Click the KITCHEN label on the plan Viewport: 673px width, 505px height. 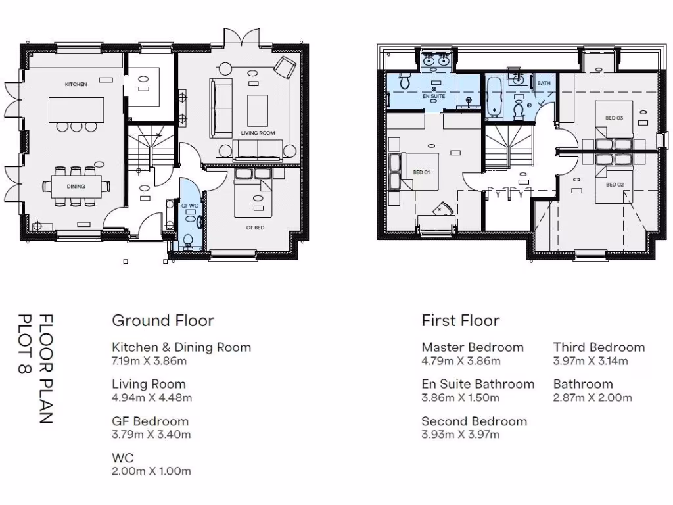[76, 84]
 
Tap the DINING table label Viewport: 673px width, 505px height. [76, 186]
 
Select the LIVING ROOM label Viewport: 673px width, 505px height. [258, 133]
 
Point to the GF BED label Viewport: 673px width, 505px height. [256, 228]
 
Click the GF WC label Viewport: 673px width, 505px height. [190, 206]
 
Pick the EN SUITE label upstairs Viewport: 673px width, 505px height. [434, 96]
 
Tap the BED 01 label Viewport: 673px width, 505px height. [421, 172]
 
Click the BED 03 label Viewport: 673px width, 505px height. [615, 118]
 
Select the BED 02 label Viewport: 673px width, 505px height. [615, 185]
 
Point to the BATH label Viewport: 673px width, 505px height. [544, 83]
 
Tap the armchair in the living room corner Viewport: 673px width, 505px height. [285, 68]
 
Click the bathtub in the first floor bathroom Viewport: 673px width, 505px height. [494, 97]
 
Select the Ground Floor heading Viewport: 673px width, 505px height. [163, 320]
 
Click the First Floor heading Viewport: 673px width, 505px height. [461, 320]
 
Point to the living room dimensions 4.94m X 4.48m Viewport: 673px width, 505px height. [152, 398]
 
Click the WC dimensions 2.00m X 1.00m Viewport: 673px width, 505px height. [152, 471]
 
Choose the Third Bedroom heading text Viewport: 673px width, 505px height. [599, 347]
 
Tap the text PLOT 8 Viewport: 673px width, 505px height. [26, 344]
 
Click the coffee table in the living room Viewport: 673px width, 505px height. [258, 110]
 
